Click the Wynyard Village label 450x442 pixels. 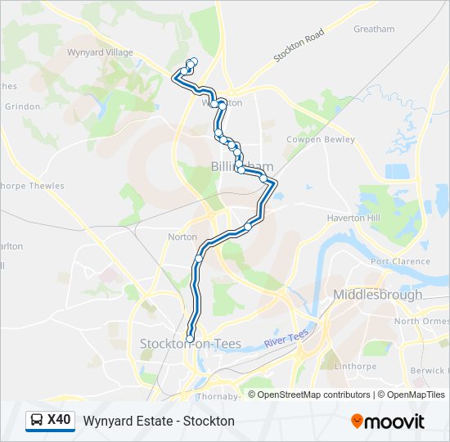tap(100, 52)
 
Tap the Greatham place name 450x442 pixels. tap(373, 29)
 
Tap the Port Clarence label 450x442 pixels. tap(399, 262)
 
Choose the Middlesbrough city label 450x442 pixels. tap(377, 295)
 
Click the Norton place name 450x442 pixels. tap(182, 237)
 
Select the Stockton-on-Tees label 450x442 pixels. tap(190, 344)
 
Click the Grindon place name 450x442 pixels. tap(22, 106)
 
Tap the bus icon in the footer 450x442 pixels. tap(36, 421)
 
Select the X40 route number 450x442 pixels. tap(59, 421)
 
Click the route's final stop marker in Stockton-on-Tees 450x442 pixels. tap(190, 338)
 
